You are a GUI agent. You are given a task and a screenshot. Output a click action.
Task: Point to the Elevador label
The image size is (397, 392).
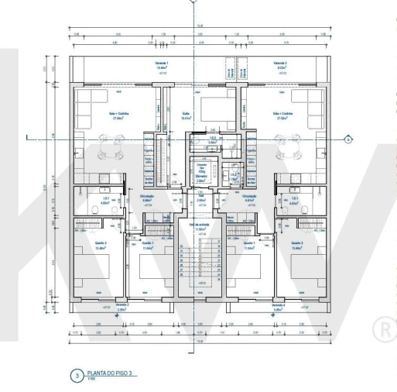200,177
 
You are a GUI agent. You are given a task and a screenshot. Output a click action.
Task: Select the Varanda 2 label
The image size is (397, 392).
121,307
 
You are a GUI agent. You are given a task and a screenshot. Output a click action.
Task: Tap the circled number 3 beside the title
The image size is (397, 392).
76,376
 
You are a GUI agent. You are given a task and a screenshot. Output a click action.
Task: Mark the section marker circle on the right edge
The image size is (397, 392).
348,139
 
